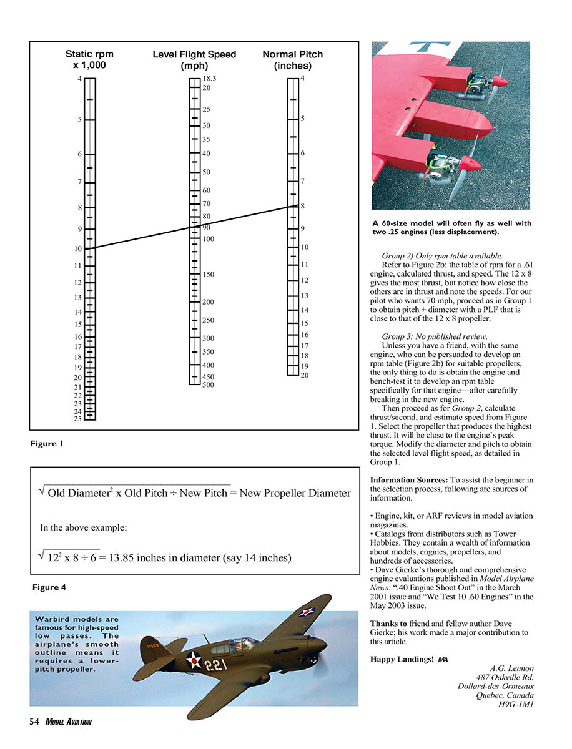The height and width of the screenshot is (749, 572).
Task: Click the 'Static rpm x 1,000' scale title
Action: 89,60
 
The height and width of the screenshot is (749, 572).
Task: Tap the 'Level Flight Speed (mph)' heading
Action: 194,60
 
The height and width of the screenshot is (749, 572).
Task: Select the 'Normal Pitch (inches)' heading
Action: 292,60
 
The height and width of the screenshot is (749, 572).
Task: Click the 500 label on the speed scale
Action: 208,385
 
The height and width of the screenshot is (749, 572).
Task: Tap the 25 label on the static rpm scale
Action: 78,419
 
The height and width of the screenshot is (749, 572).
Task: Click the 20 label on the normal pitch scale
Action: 304,375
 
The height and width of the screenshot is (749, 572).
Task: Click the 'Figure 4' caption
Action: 49,587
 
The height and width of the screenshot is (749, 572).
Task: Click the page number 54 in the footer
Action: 35,722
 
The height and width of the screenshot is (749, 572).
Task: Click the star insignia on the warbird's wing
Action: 306,612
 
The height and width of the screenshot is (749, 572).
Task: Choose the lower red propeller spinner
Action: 472,164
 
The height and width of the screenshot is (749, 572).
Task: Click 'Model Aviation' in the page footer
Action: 69,722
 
